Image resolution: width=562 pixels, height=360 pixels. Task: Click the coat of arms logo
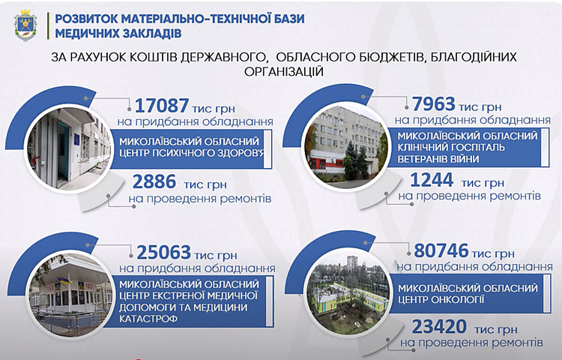[25, 25]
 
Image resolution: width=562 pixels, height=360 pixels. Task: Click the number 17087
[162, 106]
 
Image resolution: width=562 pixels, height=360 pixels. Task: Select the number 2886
[154, 181]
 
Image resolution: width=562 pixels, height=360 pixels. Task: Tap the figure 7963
[434, 104]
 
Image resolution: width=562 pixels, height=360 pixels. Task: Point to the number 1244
[432, 180]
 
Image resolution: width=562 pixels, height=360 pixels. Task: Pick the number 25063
[163, 253]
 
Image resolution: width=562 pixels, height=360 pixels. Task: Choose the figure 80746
[441, 250]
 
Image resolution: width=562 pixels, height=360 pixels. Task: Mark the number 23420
[439, 327]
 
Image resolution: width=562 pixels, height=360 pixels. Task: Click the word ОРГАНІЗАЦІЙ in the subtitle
[284, 72]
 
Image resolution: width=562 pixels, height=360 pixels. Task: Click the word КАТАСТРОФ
[148, 319]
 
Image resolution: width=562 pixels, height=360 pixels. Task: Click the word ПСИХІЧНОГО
[184, 153]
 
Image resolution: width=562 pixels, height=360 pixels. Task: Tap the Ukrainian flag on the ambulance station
[64, 280]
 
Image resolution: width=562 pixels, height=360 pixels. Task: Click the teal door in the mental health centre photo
[64, 151]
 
